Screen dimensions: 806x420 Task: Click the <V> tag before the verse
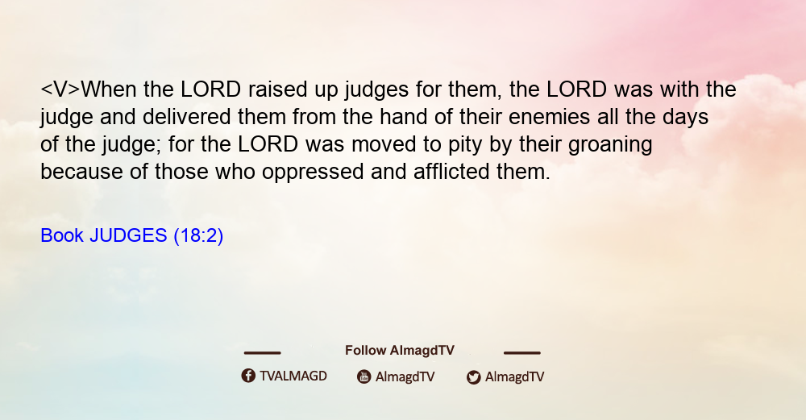(x=60, y=89)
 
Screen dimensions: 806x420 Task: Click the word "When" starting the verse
(x=109, y=89)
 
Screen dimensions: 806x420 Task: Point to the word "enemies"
(x=549, y=117)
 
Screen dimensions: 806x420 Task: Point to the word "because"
(x=81, y=172)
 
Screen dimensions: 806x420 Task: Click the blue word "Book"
(x=62, y=235)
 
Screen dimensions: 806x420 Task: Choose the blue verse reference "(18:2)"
(x=198, y=236)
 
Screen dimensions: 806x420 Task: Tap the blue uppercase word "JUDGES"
(x=128, y=235)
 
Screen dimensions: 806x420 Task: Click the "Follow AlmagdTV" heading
(x=400, y=351)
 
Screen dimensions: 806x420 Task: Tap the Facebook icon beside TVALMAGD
(x=248, y=376)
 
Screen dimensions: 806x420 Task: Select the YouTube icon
(x=364, y=376)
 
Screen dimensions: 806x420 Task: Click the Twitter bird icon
(x=474, y=377)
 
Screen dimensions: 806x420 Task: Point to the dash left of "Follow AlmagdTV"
(x=262, y=352)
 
